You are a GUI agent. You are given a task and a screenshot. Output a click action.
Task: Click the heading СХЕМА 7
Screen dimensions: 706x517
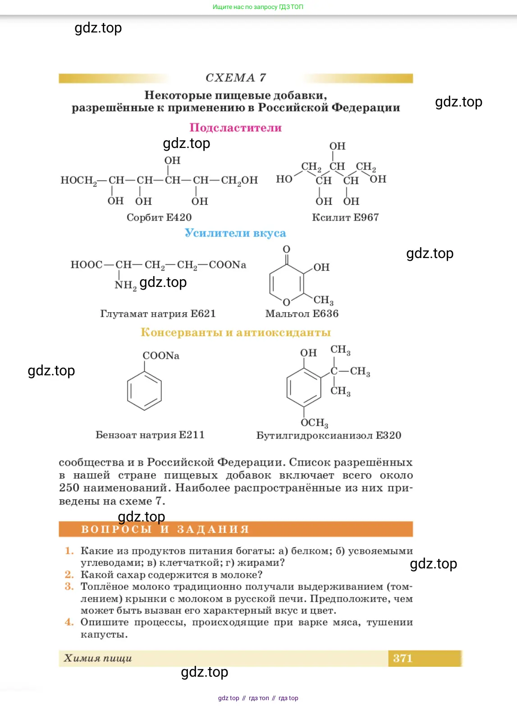[235, 78]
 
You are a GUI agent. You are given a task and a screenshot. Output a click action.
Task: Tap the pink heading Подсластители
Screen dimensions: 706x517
[235, 128]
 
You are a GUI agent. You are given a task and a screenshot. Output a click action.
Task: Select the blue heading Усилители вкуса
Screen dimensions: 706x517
[235, 233]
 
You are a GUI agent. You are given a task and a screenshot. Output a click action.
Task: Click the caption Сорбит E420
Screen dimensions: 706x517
[159, 217]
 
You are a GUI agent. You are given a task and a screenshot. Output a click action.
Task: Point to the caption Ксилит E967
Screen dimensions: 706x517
[345, 217]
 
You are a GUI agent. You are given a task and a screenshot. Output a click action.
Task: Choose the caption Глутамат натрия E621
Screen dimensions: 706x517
[158, 314]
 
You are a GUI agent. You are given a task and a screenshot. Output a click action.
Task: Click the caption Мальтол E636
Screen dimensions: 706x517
[302, 314]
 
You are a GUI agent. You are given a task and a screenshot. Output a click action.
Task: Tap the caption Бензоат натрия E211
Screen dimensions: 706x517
[150, 435]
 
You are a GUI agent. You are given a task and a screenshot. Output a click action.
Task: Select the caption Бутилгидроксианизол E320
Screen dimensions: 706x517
[329, 435]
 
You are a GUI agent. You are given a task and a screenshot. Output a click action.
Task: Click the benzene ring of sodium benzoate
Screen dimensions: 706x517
[144, 391]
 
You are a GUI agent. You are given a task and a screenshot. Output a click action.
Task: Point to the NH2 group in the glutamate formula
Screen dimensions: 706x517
[125, 285]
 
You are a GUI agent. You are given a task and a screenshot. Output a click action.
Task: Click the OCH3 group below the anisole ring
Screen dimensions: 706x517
[315, 423]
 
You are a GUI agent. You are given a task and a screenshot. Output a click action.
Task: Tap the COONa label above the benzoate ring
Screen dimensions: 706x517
[161, 356]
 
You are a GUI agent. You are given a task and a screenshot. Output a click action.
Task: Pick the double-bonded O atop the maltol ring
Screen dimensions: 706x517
[286, 249]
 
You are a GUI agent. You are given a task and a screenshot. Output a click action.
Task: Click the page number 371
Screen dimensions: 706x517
[403, 658]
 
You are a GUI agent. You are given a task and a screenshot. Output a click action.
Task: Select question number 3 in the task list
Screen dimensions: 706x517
[69, 586]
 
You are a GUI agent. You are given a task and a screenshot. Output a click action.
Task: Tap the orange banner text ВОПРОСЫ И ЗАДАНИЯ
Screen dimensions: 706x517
[165, 529]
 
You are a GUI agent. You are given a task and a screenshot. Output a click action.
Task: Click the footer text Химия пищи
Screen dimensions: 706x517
[98, 658]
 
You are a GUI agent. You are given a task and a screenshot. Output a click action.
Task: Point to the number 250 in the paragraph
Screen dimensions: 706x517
[69, 488]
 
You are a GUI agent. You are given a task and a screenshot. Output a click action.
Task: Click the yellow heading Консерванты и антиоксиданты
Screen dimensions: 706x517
[235, 332]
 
